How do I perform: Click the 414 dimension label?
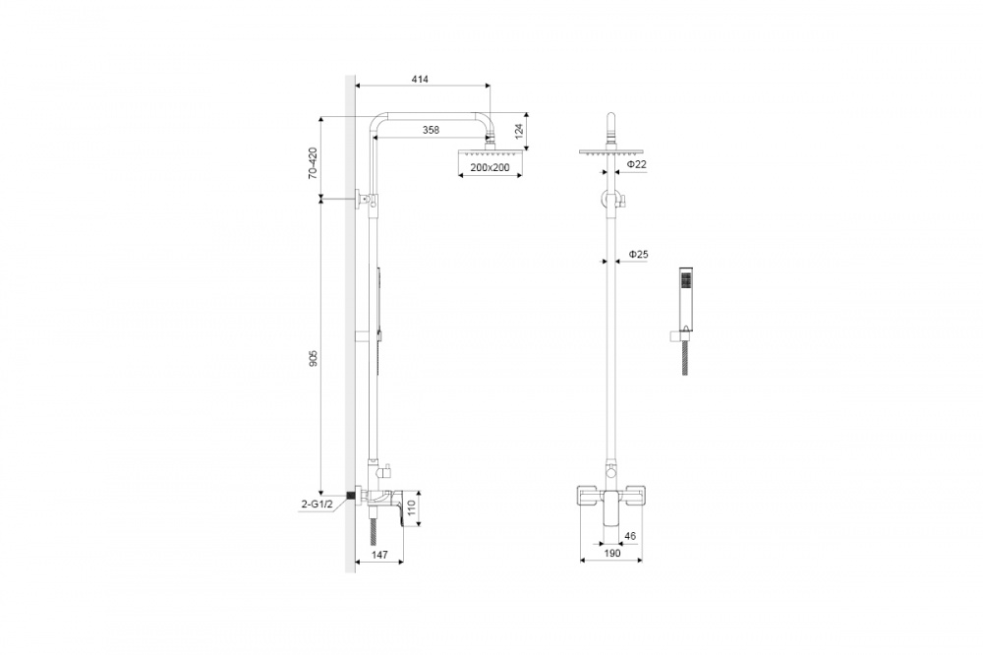(x=420, y=79)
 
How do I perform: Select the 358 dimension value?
(x=431, y=130)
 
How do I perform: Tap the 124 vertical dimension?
(x=518, y=131)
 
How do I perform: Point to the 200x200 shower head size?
(x=490, y=167)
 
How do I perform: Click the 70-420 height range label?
(x=313, y=162)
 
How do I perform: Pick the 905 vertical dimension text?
(x=314, y=359)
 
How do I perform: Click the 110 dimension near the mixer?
(x=411, y=506)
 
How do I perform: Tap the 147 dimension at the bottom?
(x=379, y=555)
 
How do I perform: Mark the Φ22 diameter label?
(x=636, y=164)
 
